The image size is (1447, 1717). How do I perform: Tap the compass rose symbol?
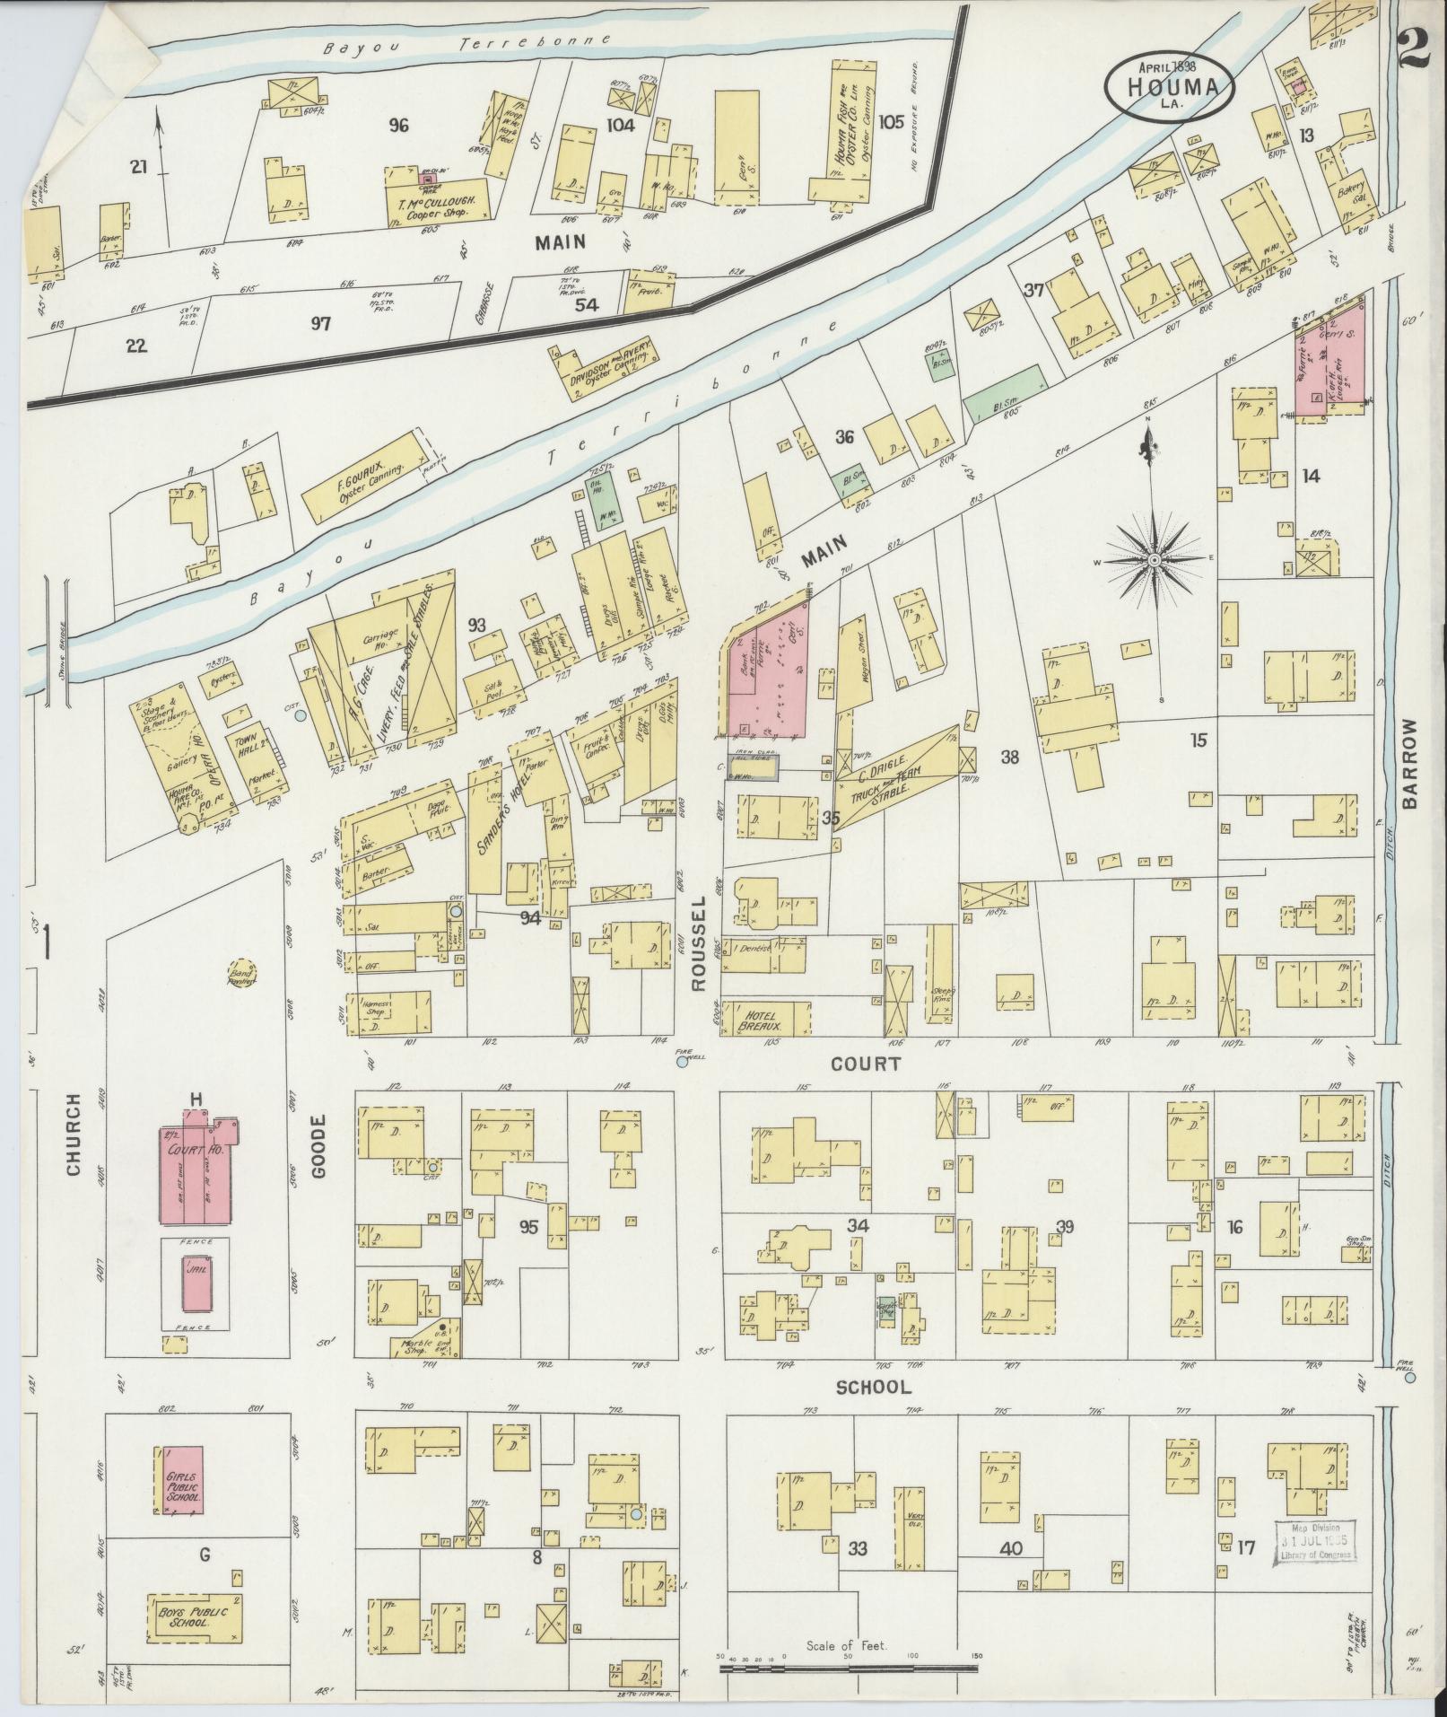pos(1155,559)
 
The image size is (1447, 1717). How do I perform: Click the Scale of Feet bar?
pos(848,1669)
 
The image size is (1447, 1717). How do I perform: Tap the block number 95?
pos(529,1226)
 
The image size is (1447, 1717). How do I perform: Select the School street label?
pos(873,1387)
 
